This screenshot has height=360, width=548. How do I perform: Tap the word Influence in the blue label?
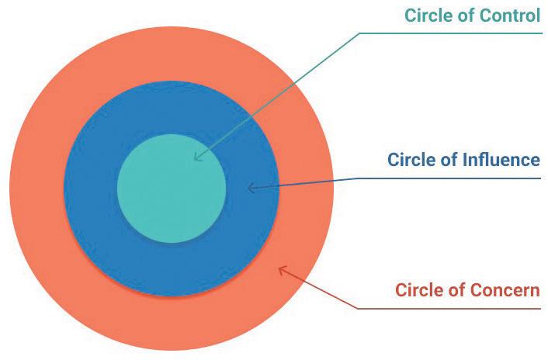click(x=501, y=161)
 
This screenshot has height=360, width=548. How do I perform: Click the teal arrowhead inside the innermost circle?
click(x=196, y=157)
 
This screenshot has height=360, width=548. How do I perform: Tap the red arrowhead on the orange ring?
click(x=282, y=270)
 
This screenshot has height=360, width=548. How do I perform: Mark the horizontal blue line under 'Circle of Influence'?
click(x=450, y=178)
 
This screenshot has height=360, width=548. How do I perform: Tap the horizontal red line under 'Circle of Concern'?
click(x=450, y=309)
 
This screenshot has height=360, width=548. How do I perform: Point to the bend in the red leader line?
click(x=359, y=309)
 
